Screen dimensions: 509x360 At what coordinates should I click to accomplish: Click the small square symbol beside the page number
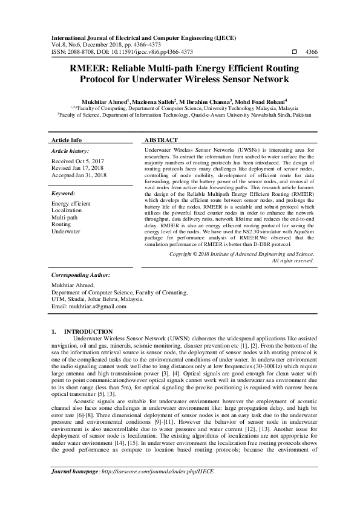pyautogui.click(x=294, y=52)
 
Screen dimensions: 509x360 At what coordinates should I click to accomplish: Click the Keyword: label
pyautogui.click(x=64, y=193)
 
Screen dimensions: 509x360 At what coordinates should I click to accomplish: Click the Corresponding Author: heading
pyautogui.click(x=82, y=274)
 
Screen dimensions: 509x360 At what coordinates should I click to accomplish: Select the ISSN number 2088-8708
pyautogui.click(x=79, y=52)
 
